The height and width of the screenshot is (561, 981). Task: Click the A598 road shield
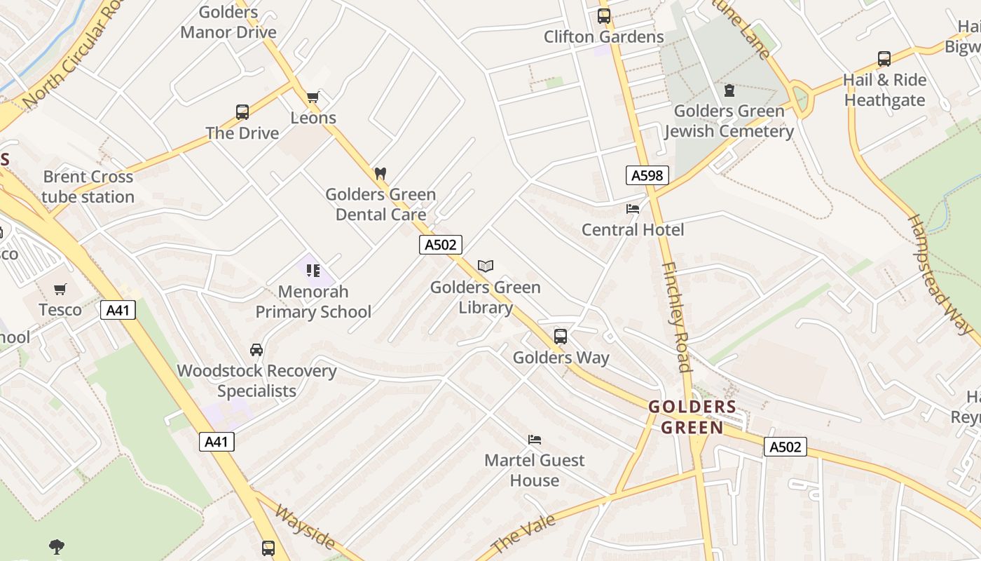647,175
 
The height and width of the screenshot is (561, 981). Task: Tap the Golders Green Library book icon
486,266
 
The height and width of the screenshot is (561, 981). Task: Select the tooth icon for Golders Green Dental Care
380,173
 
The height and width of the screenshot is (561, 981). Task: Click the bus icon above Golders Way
560,336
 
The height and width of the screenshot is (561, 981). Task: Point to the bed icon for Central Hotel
633,208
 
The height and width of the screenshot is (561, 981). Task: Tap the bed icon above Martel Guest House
535,440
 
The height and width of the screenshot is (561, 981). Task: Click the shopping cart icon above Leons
313,97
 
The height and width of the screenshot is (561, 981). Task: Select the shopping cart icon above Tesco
60,289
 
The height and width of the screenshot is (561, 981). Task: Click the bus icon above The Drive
242,111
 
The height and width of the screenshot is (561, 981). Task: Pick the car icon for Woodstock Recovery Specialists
256,349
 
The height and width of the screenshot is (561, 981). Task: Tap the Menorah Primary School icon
313,270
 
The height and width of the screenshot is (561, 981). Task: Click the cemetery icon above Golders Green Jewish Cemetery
729,90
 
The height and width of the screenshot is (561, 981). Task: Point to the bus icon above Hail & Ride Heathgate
884,59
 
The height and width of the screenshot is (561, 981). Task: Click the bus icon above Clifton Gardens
603,16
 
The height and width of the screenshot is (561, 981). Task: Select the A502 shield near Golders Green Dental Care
441,245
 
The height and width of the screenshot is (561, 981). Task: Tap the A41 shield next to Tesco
118,310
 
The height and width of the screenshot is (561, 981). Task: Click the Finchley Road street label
677,317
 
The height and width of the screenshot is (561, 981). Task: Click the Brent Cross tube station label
88,187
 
